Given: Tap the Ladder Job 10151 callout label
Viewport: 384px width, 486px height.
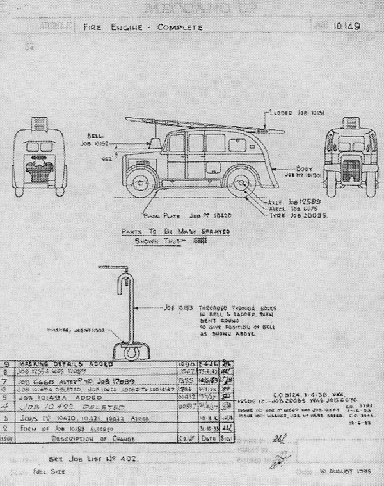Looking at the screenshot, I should click(296, 113).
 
